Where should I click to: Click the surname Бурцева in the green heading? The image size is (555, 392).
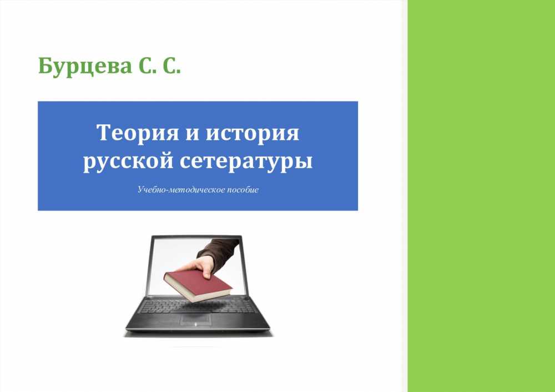84,66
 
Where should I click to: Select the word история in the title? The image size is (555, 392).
253,133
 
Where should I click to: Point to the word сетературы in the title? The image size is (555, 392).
246,162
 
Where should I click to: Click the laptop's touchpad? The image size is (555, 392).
197,320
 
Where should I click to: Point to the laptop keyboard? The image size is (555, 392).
198,305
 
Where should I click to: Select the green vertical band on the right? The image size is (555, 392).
481,196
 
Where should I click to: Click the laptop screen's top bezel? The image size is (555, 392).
197,237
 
